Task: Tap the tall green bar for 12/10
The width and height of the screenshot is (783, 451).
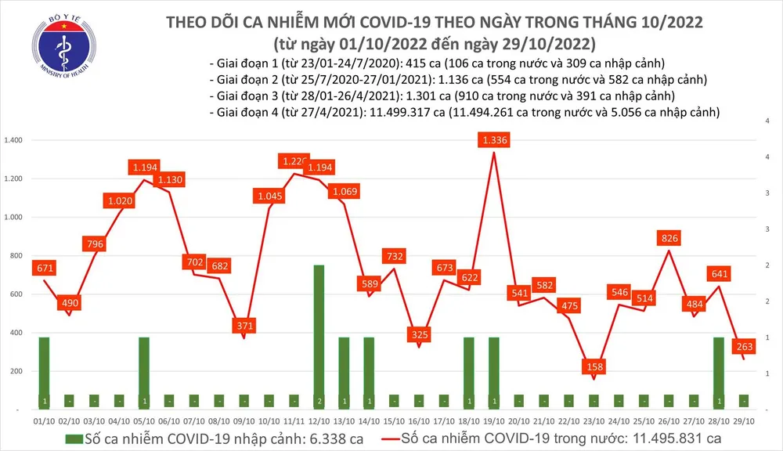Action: (319, 337)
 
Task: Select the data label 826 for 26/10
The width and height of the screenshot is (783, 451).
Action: (669, 238)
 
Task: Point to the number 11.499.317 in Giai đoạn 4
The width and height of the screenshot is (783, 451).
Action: (397, 113)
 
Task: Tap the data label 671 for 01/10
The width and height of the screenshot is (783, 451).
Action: (44, 269)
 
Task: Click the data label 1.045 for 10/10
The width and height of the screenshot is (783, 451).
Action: (268, 195)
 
